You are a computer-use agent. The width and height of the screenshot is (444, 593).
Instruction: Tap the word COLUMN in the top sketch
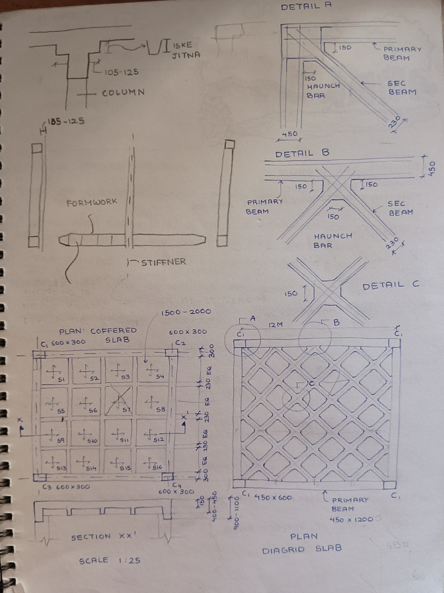(x=123, y=92)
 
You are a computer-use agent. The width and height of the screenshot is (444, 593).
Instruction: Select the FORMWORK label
(x=91, y=202)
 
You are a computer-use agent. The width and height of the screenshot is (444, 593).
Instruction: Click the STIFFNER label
(x=164, y=262)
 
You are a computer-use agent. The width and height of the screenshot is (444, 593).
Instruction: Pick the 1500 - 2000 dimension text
(x=186, y=312)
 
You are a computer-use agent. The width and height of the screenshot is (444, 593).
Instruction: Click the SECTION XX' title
(x=99, y=537)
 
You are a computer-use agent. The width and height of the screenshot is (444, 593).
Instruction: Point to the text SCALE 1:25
(x=110, y=561)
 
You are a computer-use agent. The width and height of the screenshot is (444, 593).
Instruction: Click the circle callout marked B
(x=315, y=338)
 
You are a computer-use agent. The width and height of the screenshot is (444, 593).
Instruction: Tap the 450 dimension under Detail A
(x=290, y=134)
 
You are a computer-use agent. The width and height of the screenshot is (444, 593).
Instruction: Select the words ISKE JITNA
(x=186, y=50)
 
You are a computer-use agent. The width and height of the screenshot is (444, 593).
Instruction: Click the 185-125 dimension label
(x=66, y=121)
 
